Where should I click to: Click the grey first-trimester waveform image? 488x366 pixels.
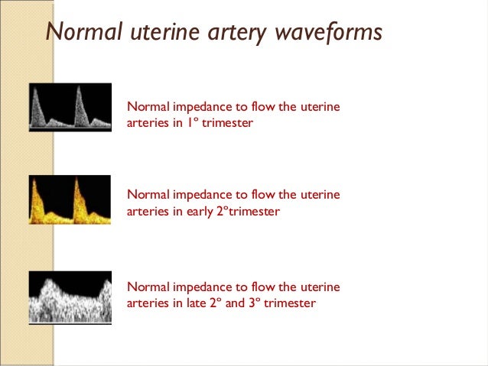click(70, 107)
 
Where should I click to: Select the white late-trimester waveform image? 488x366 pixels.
click(70, 296)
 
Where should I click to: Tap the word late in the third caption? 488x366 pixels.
click(197, 303)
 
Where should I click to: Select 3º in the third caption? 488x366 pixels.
click(259, 303)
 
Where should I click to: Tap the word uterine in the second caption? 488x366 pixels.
click(320, 195)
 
